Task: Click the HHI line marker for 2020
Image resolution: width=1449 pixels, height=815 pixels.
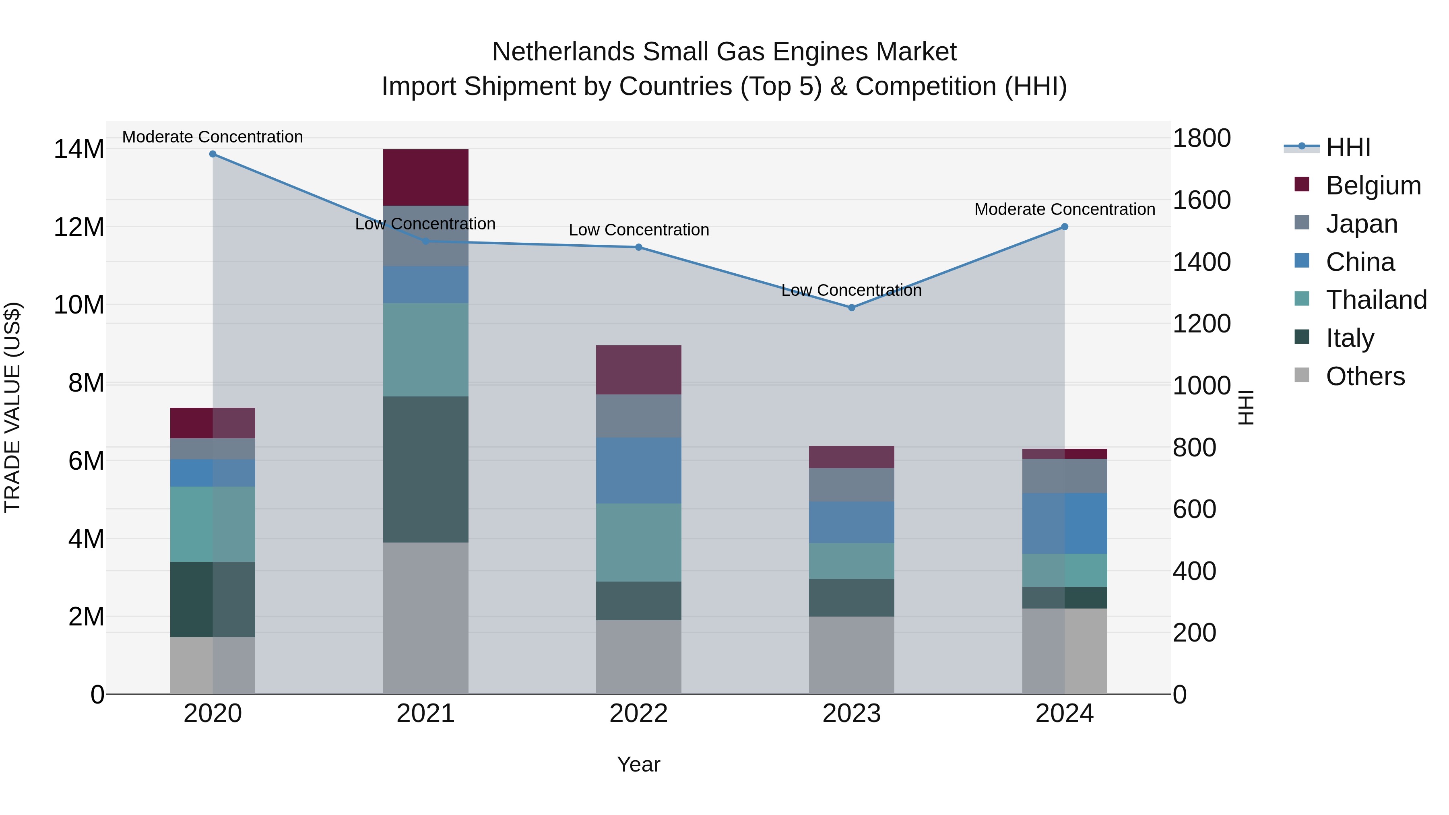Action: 213,154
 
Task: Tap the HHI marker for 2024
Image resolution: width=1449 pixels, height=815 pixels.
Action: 1064,227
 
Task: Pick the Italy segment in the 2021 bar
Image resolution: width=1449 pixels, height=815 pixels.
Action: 426,469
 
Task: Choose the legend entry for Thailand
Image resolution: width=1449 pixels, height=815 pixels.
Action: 1375,300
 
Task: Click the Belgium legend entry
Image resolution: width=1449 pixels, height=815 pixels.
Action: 1373,186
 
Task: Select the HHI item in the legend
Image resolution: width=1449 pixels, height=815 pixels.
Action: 1348,147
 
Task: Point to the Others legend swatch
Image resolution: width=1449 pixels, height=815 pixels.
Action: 1302,376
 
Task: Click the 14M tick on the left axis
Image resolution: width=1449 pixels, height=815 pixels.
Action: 79,150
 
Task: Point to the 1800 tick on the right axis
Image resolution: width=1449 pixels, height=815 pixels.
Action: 1201,138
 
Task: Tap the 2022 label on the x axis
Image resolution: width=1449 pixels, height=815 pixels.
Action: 638,714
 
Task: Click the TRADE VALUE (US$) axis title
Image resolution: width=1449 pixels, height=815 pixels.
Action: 12,407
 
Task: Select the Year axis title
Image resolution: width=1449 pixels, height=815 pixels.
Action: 638,764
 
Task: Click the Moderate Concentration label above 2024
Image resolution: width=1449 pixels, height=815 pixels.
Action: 1064,209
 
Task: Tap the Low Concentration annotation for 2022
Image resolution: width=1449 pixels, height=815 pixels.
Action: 638,230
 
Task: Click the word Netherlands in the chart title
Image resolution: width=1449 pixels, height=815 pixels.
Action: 563,52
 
